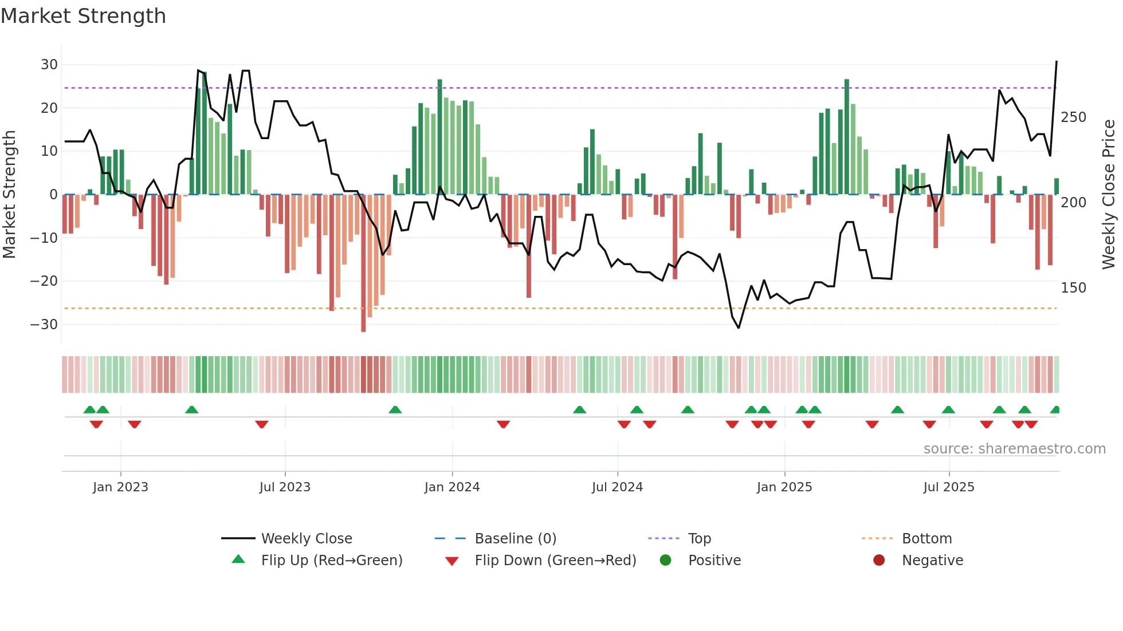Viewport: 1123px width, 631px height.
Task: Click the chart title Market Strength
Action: [x=83, y=16]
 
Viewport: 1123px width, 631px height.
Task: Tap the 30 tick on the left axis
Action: [x=49, y=65]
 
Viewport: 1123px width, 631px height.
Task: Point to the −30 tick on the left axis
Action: [x=44, y=325]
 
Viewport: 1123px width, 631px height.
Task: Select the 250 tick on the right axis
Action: [x=1073, y=117]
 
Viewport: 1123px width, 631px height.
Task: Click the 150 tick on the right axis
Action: [x=1073, y=288]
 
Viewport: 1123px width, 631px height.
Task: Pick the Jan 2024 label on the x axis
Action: [x=451, y=487]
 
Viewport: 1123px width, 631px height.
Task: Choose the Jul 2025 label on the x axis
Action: [x=948, y=487]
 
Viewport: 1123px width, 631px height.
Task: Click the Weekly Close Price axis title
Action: [x=1109, y=195]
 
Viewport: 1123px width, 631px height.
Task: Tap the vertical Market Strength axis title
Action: [x=10, y=195]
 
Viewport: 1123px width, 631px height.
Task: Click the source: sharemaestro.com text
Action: [x=1014, y=449]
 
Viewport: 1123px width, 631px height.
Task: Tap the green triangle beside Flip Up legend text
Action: [x=238, y=559]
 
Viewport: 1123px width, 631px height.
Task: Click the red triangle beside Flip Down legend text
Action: [x=451, y=561]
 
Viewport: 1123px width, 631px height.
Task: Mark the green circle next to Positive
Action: [x=665, y=560]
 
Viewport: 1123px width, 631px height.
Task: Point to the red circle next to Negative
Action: [x=879, y=560]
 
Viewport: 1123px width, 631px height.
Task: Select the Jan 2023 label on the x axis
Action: [x=120, y=487]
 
